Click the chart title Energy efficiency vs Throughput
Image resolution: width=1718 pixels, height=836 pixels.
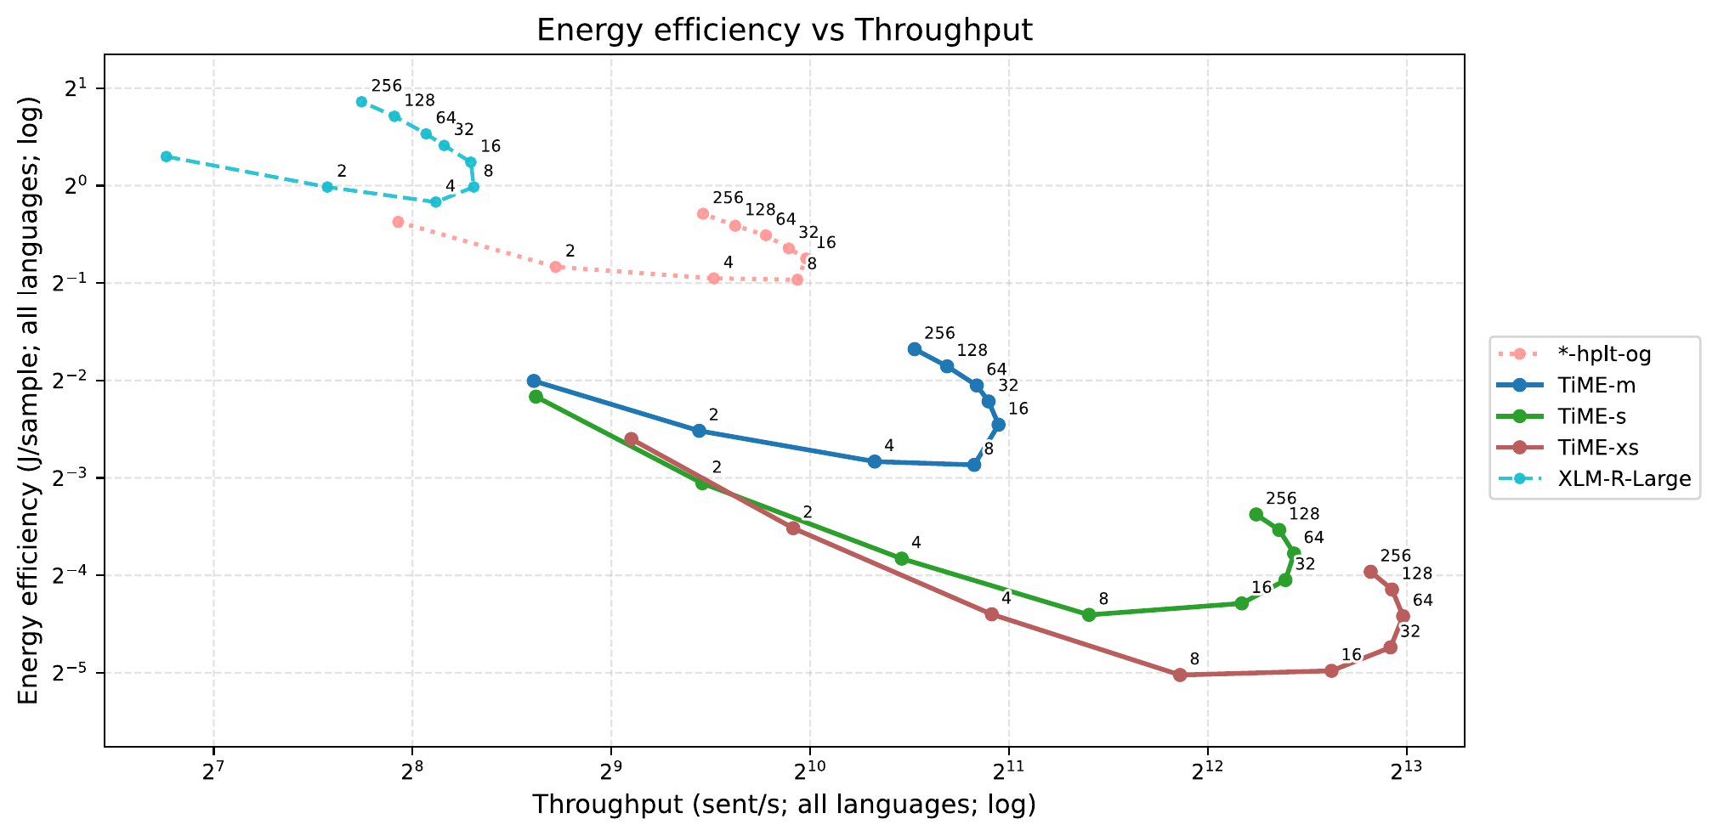pos(784,31)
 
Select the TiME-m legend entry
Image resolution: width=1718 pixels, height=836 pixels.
pos(1596,385)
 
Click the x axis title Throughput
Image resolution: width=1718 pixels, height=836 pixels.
pos(784,805)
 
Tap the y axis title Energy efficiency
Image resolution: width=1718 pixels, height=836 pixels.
pos(29,400)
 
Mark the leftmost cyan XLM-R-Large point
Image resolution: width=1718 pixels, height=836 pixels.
pos(166,156)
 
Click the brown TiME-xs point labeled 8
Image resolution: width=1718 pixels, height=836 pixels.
pos(1180,675)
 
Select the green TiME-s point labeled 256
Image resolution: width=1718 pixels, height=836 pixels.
pos(1256,514)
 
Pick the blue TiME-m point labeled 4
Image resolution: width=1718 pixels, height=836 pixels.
pos(875,461)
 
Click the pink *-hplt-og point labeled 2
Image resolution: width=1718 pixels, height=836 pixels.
pos(556,267)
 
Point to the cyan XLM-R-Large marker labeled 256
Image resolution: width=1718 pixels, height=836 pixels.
pos(361,101)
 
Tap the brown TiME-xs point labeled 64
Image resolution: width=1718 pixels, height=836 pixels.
pos(1403,616)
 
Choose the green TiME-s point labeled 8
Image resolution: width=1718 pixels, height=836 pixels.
pos(1089,614)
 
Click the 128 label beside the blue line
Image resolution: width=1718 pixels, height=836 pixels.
pos(972,350)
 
